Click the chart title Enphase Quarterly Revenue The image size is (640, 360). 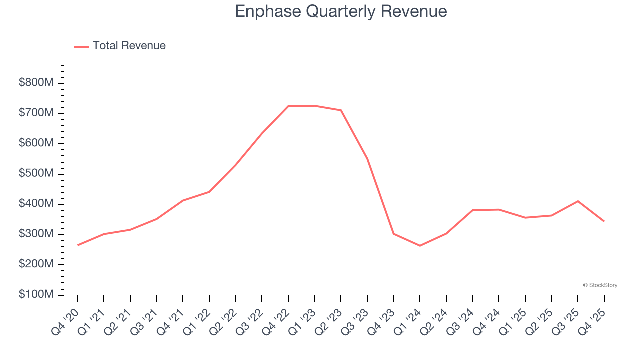coord(341,11)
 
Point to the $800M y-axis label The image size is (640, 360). coord(36,83)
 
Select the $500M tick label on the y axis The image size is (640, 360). coord(36,174)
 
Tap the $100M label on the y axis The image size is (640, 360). coord(36,295)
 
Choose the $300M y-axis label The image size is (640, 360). coord(36,234)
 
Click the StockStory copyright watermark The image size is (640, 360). coord(600,285)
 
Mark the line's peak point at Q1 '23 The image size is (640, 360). coord(315,106)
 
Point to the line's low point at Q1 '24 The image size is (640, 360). coord(420,246)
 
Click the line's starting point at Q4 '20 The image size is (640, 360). coord(78,245)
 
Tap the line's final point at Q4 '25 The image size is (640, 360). coord(604,221)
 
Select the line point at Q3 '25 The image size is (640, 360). coord(578,201)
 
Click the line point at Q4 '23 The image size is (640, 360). coord(394,234)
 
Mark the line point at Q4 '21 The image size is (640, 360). coord(183,201)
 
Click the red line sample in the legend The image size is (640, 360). coord(81,46)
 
